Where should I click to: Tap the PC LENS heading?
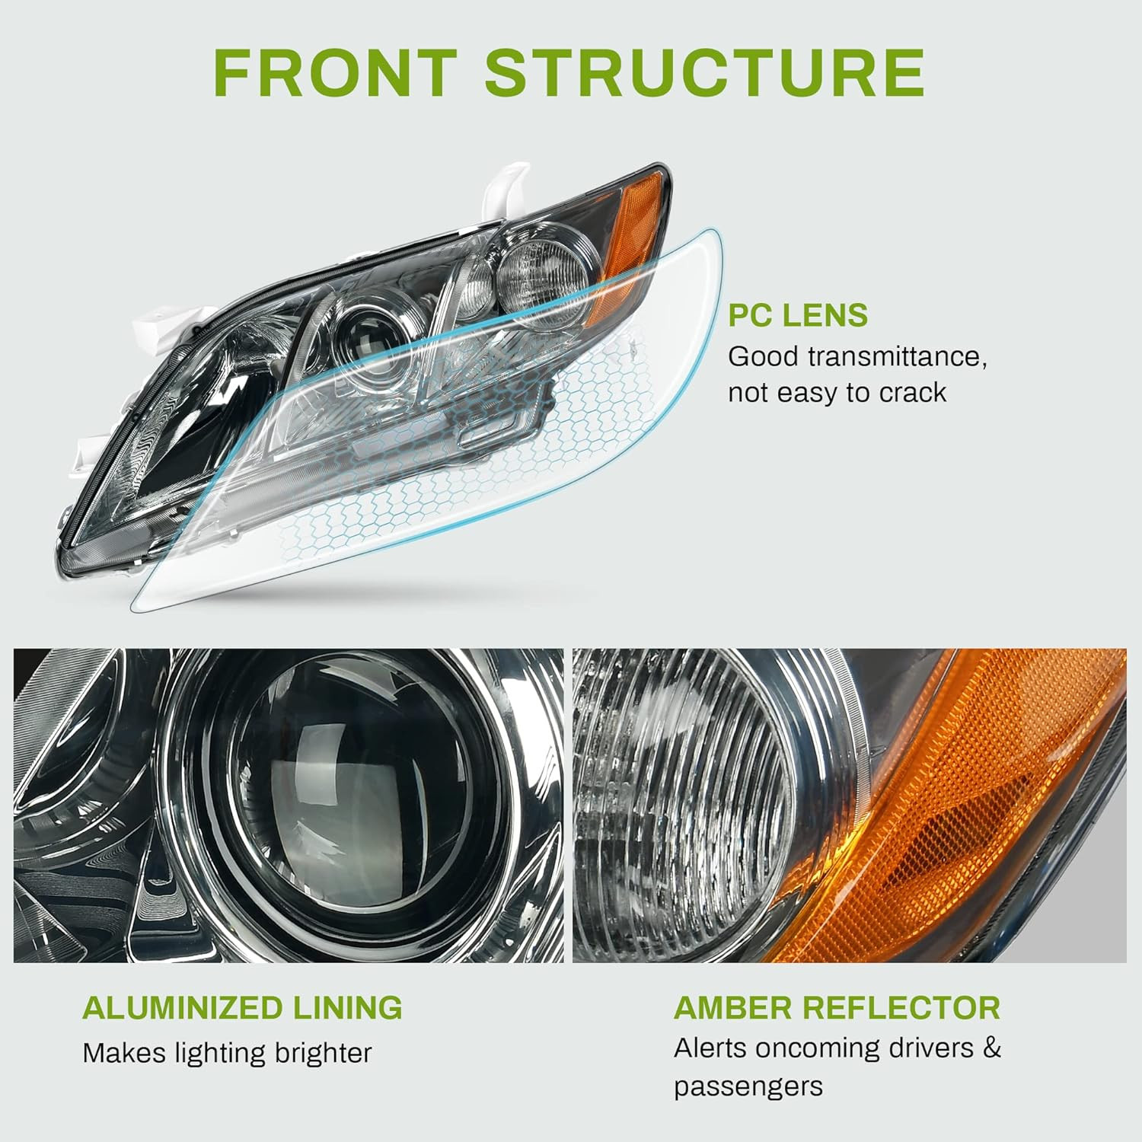click(x=798, y=314)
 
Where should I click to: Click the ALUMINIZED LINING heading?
click(x=242, y=1007)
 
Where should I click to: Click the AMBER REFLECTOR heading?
click(x=837, y=1007)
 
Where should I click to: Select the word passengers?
click(x=748, y=1086)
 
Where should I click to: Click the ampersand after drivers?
click(x=991, y=1048)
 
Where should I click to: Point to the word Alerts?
click(x=705, y=1048)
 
